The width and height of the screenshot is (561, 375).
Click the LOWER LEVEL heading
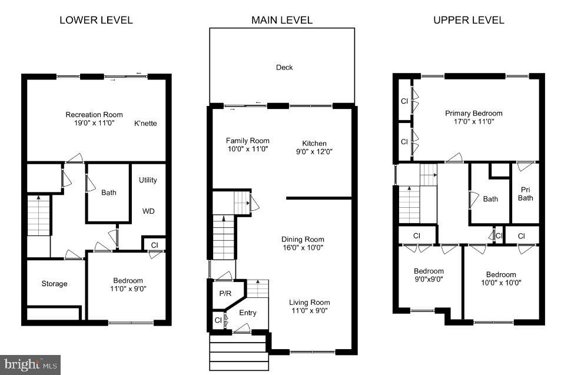click(x=96, y=20)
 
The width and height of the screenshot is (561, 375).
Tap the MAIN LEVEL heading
click(x=281, y=20)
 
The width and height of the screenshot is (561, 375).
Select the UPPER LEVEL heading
click(x=469, y=20)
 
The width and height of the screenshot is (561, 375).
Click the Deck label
click(x=284, y=67)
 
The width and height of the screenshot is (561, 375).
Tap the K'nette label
click(x=145, y=124)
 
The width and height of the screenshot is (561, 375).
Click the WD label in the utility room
click(x=148, y=210)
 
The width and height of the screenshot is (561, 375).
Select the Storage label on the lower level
click(x=54, y=284)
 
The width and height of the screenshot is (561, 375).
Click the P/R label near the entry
click(x=224, y=293)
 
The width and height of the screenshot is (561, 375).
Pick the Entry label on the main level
click(x=248, y=313)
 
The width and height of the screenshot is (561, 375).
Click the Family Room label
click(x=247, y=141)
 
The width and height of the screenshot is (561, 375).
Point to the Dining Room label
click(x=303, y=239)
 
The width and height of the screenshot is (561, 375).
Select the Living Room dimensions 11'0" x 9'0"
click(x=308, y=311)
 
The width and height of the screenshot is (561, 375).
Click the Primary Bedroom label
click(x=473, y=113)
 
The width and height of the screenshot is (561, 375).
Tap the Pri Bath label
click(x=525, y=194)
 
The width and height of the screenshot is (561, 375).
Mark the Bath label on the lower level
click(x=108, y=193)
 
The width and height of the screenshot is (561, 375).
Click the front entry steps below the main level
click(x=238, y=353)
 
